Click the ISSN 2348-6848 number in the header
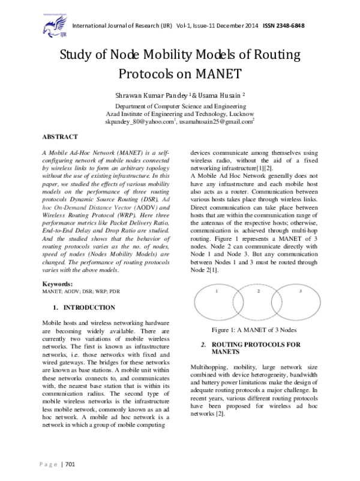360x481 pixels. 287,25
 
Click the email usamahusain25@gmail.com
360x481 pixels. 217,121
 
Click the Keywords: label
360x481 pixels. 59,283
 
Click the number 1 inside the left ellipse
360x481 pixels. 216,291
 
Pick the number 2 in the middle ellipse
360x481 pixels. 259,291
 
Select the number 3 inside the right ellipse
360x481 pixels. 299,291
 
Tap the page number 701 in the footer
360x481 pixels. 68,464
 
